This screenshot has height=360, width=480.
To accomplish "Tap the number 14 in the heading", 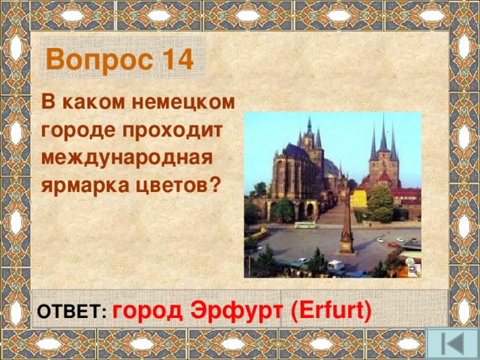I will pyautogui.click(x=175, y=59).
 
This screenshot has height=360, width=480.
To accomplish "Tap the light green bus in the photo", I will pyautogui.click(x=304, y=224).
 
